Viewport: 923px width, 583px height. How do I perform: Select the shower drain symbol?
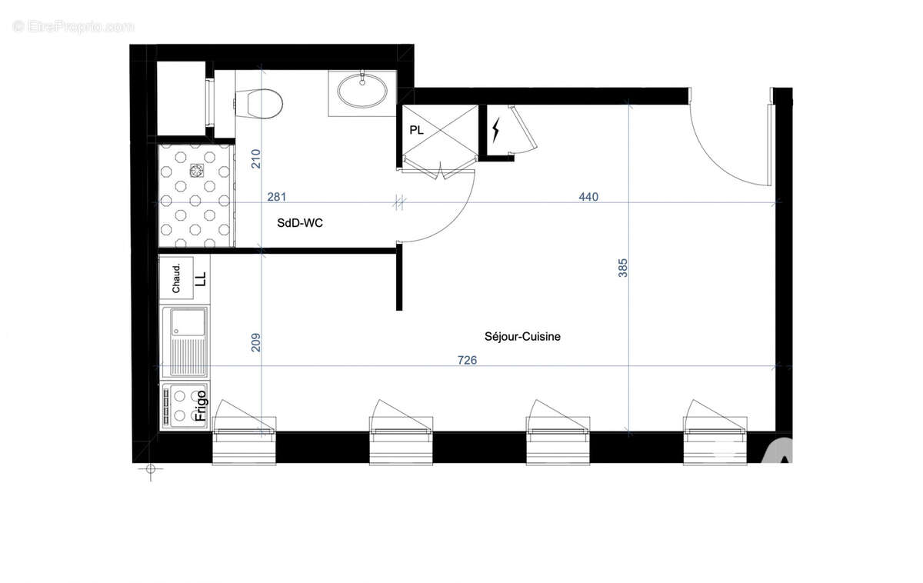pyautogui.click(x=196, y=170)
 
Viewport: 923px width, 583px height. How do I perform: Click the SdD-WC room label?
pyautogui.click(x=301, y=222)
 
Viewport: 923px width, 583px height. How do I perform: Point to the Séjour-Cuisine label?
pyautogui.click(x=522, y=336)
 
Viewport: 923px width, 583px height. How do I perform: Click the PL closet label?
pyautogui.click(x=416, y=130)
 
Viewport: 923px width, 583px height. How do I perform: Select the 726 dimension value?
pyautogui.click(x=466, y=360)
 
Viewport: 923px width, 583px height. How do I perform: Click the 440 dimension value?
pyautogui.click(x=588, y=197)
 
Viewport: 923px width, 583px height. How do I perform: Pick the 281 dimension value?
pyautogui.click(x=277, y=197)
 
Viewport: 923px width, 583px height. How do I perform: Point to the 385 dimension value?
pyautogui.click(x=623, y=267)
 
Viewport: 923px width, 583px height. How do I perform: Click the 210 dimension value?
pyautogui.click(x=256, y=158)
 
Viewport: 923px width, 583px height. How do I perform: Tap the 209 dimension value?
pyautogui.click(x=256, y=342)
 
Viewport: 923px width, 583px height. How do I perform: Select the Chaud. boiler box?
pyautogui.click(x=176, y=278)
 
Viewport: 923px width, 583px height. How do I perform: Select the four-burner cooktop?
pyautogui.click(x=178, y=406)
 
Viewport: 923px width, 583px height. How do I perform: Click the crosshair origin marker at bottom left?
pyautogui.click(x=150, y=468)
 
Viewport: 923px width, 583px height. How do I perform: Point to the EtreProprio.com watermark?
pyautogui.click(x=73, y=26)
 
